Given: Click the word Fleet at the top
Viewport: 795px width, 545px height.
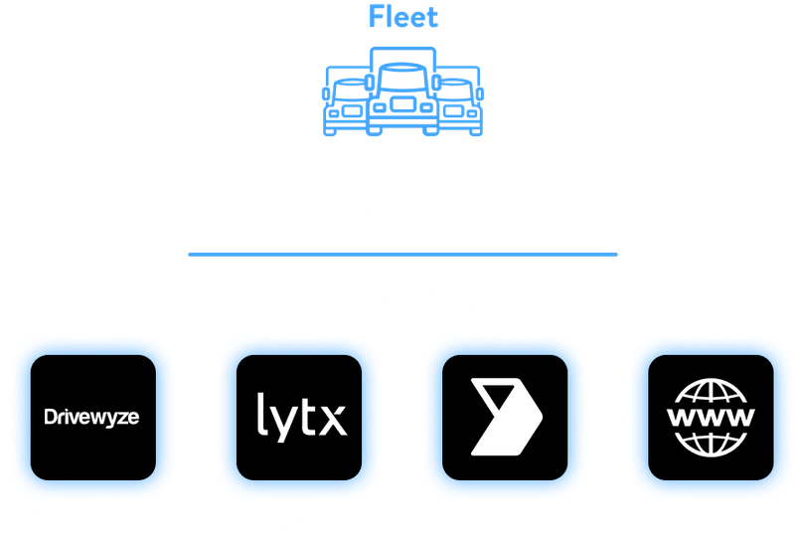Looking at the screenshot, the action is [x=403, y=16].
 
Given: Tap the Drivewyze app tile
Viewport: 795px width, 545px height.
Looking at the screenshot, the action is [x=93, y=418].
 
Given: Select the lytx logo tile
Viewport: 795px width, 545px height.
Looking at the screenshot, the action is [x=299, y=418].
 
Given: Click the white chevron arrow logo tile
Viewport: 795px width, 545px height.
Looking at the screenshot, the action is [x=505, y=418].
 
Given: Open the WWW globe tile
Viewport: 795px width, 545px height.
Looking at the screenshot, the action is [x=711, y=418].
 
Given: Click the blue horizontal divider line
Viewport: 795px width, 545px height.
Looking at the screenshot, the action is [x=403, y=255].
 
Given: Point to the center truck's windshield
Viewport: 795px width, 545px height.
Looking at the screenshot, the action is [x=403, y=78].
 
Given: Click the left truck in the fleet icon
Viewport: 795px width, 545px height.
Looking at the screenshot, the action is [x=346, y=101].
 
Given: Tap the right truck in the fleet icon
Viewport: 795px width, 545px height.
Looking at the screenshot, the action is [x=460, y=101].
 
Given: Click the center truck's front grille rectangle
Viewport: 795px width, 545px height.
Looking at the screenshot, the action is [x=403, y=104].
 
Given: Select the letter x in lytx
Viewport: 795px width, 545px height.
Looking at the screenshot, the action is [x=333, y=420].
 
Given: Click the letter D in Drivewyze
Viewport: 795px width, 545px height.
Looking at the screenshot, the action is [x=51, y=417].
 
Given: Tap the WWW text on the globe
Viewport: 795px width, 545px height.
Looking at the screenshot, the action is [x=711, y=417].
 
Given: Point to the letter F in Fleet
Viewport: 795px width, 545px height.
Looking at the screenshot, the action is [x=376, y=16].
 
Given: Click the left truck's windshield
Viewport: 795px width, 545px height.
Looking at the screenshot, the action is [x=352, y=90].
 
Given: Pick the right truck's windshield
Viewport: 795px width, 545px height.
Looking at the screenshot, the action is [x=455, y=90].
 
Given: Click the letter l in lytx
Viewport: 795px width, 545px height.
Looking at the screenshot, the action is [x=261, y=414].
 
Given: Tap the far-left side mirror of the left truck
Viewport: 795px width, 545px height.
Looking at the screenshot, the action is [x=326, y=93].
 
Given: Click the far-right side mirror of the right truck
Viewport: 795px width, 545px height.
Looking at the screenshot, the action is [x=480, y=93].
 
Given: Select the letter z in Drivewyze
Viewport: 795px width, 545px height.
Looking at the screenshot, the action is [x=123, y=419].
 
